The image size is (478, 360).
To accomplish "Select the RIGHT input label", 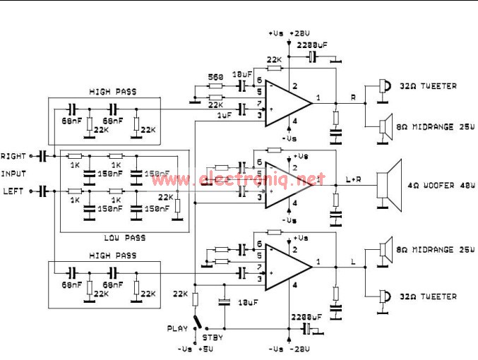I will click(13, 155).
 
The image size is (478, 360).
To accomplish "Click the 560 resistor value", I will click(216, 76).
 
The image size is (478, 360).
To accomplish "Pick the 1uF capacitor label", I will click(224, 115).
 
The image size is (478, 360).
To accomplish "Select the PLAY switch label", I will click(177, 328).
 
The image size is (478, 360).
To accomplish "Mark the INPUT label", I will click(15, 173).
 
